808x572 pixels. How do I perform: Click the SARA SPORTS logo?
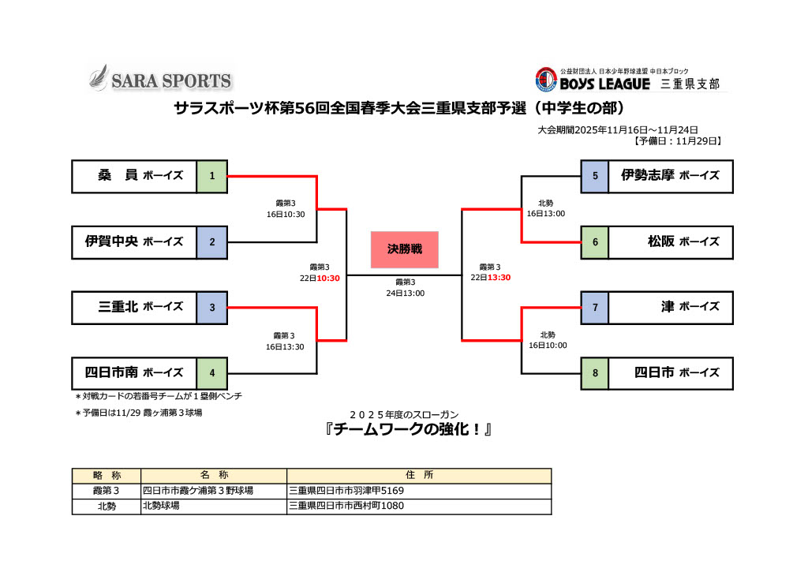160,80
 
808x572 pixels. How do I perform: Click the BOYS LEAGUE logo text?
604,83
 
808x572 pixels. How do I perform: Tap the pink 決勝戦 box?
404,249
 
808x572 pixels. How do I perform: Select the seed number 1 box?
212,175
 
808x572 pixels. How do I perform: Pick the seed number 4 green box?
212,372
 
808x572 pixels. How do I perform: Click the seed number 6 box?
595,241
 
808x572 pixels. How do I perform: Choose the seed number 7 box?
595,307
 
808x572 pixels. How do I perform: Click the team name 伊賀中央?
111,241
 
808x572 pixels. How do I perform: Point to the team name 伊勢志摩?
647,175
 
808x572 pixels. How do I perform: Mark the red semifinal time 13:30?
499,278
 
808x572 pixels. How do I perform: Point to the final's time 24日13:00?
405,293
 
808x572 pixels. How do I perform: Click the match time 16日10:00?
547,345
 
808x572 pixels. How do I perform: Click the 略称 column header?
106,475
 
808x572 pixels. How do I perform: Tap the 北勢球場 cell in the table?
161,506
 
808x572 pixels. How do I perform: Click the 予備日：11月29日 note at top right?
678,141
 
